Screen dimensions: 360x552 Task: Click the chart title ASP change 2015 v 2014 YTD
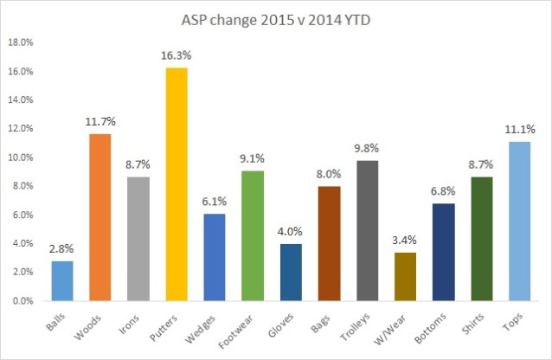pos(276,19)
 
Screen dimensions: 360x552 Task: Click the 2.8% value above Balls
pos(62,248)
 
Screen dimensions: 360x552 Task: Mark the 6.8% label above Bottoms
pos(443,190)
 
